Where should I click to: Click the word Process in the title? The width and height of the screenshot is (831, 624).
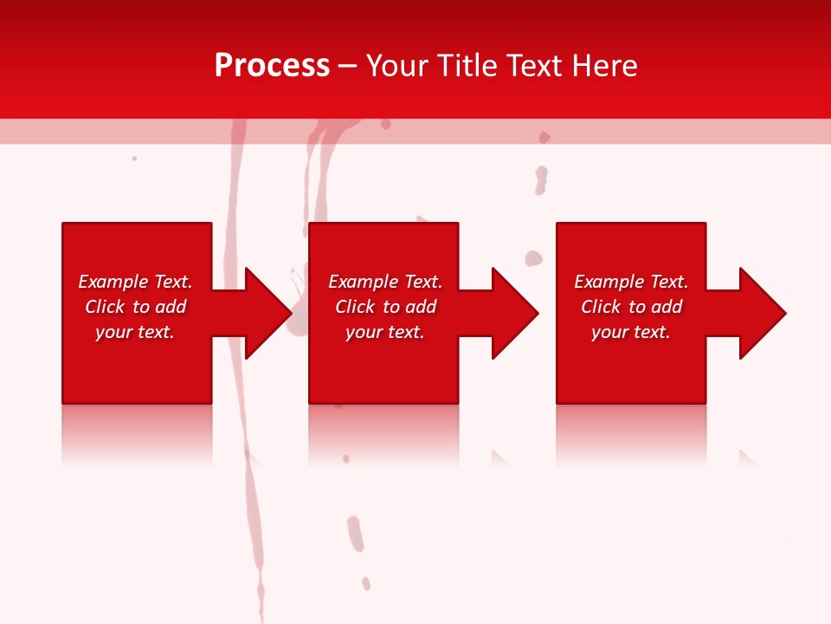272,66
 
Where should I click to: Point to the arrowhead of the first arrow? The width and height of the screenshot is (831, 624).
267,313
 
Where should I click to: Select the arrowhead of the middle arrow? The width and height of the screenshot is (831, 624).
514,313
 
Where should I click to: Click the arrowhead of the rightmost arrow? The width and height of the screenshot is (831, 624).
762,313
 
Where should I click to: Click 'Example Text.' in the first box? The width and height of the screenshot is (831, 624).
135,282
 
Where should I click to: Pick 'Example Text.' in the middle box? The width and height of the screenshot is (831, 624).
385,282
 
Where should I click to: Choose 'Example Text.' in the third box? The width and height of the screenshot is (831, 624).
631,282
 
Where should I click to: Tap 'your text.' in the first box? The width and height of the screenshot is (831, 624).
135,332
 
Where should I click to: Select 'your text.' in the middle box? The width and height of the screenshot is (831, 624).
385,332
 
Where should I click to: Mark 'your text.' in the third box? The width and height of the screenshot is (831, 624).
631,332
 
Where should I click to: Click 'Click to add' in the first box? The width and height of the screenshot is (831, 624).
135,307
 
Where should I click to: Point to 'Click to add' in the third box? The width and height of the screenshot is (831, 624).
631,307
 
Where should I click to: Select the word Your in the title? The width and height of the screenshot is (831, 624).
397,66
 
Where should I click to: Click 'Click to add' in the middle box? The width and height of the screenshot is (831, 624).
385,307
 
